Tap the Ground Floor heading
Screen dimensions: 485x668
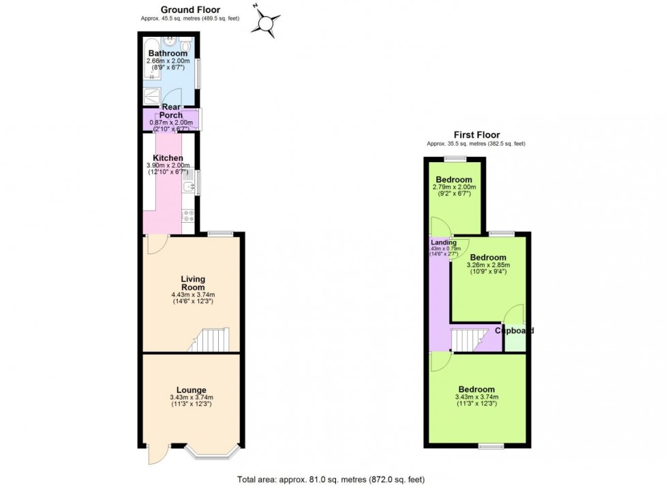tap(190, 10)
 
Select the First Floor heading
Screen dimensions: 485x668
tap(476, 136)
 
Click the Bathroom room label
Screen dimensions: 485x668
tap(168, 54)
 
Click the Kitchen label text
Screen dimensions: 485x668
tap(168, 158)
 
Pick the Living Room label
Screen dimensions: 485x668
tap(193, 283)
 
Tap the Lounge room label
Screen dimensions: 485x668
tap(192, 390)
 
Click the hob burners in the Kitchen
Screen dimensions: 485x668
tap(189, 216)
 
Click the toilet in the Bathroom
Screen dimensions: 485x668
tap(185, 46)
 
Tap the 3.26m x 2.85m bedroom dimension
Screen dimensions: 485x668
tap(488, 265)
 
